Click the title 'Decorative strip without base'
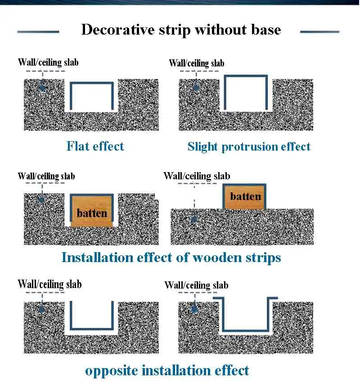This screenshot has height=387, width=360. coord(181,30)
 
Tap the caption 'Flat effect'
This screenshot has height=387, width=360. coord(95,146)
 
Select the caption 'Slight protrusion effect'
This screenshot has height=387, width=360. coord(249,147)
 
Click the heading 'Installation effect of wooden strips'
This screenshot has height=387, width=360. coord(171,258)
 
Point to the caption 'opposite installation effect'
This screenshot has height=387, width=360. coord(167,370)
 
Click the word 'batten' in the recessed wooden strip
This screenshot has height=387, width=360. coord(92,213)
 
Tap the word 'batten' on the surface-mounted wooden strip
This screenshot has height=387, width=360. coord(245,196)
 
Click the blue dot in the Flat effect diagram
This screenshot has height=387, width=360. coord(43,88)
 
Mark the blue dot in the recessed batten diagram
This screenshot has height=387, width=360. coord(41,199)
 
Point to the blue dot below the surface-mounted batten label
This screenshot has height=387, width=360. coord(194,219)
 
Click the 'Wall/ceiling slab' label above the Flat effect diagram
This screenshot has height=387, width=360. coord(48,62)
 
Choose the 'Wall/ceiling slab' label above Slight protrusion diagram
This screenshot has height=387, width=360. coord(197,63)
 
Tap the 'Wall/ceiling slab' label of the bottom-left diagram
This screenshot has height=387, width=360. coord(49,284)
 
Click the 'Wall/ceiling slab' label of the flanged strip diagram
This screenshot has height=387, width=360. coord(197,285)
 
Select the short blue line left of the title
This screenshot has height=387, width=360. coord(38,32)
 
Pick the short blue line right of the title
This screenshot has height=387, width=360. coord(319,32)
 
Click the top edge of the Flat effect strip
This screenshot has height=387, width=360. coord(92,83)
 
